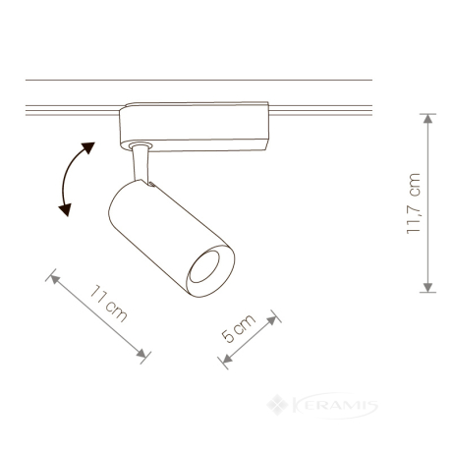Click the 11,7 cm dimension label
(x=413, y=203)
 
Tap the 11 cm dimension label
(x=108, y=304)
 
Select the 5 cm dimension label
(x=238, y=328)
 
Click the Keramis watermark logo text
(x=335, y=406)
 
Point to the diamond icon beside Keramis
(x=277, y=405)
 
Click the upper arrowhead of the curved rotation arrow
(x=88, y=147)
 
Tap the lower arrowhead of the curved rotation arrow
(x=65, y=209)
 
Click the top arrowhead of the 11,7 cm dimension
(x=427, y=119)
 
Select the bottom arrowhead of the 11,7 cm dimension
(x=427, y=287)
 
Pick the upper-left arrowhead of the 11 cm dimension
(x=55, y=279)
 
